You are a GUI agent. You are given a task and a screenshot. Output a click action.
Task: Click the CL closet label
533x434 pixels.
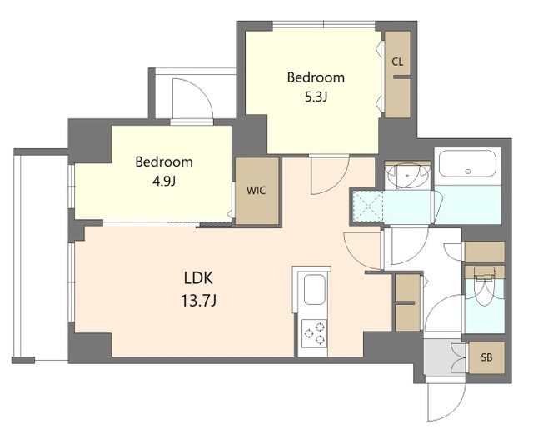pos(397,62)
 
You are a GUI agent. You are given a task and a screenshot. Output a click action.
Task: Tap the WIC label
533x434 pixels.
pos(256,191)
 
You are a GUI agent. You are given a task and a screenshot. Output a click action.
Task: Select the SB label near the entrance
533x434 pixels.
pos(486,357)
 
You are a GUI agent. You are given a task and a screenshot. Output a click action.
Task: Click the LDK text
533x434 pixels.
pos(198,278)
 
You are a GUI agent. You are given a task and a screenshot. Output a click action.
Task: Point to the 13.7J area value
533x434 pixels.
pos(198,301)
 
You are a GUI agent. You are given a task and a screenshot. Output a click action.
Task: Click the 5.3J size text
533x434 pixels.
pos(316,98)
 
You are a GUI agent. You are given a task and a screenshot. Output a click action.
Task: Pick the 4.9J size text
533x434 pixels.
pos(164,182)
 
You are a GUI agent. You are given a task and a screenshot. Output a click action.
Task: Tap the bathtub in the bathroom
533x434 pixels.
pos(467,163)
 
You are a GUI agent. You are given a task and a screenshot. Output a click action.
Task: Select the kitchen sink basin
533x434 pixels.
pos(314,289)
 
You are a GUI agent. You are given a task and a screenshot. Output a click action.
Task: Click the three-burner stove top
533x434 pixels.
pos(315,333)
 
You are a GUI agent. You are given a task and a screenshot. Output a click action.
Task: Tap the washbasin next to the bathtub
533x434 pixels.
pos(407,176)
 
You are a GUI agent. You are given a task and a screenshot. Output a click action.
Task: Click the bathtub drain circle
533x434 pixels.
pos(468,172)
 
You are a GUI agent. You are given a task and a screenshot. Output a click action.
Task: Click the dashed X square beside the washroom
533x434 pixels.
pos(368,206)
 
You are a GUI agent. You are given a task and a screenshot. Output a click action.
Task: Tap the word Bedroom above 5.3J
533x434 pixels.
pos(316,77)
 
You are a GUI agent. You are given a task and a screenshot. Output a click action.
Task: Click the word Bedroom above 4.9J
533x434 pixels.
pos(164,162)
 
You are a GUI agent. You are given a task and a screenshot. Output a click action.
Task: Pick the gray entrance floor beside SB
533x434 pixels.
pos(445,357)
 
